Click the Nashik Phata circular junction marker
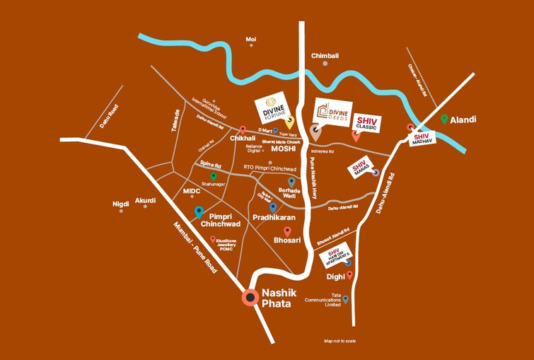point(249,298)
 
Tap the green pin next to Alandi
point(444,120)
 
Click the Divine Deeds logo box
point(333,112)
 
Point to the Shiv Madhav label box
point(422,139)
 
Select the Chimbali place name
point(325,55)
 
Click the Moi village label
point(250,39)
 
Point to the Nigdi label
point(121,204)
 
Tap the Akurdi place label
point(145,200)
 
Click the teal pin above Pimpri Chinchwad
point(199,211)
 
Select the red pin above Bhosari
point(287,231)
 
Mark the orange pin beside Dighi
point(349,275)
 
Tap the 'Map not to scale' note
point(339,341)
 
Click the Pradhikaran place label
point(274,219)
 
